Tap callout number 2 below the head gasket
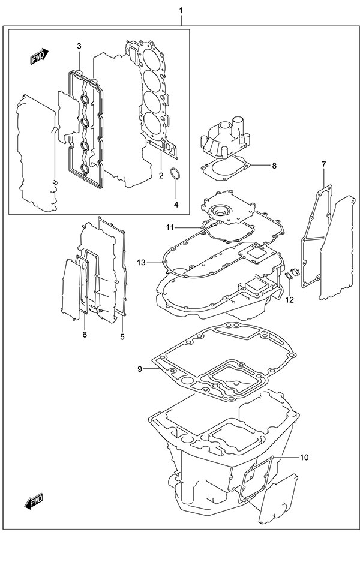point(161,176)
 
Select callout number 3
point(79,46)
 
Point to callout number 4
point(176,205)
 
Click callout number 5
point(122,336)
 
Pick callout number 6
point(85,334)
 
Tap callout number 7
point(323,164)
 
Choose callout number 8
point(274,166)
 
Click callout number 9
point(140,369)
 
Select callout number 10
point(304,458)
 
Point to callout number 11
point(170,227)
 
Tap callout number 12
point(290,299)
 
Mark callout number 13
point(142,262)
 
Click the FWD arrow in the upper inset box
point(40,57)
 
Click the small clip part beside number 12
point(289,276)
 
